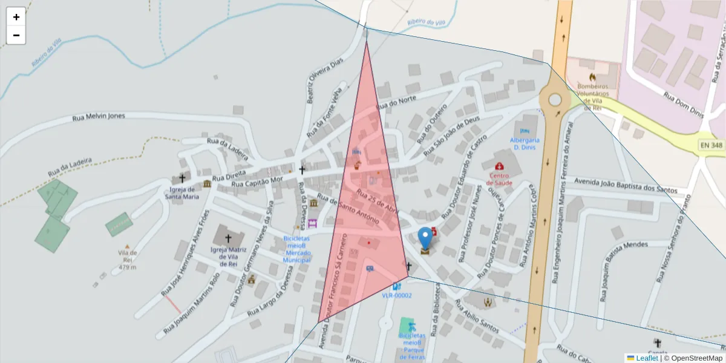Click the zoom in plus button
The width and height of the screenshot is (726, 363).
click(x=16, y=17)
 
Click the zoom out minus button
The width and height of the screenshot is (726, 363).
click(x=16, y=35)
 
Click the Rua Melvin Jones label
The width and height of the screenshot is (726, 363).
click(x=99, y=117)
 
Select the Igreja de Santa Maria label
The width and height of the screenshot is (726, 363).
click(x=181, y=192)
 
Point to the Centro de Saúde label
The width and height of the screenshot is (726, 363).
click(x=500, y=179)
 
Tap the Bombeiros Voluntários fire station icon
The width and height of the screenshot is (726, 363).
click(x=592, y=77)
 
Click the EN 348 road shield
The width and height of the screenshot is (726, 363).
click(x=711, y=145)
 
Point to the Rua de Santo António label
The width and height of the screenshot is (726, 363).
click(x=348, y=210)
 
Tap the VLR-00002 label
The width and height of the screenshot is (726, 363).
click(x=397, y=296)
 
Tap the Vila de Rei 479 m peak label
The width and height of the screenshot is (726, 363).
click(x=127, y=260)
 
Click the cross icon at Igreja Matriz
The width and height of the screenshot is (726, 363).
click(x=228, y=238)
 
